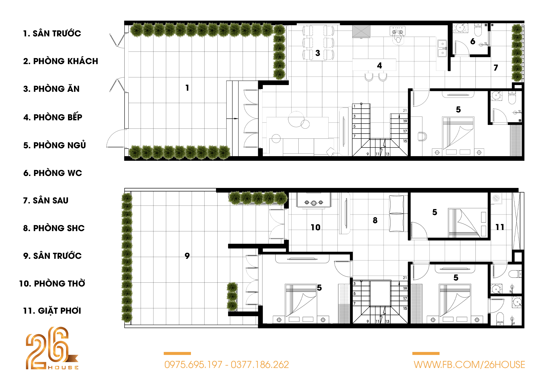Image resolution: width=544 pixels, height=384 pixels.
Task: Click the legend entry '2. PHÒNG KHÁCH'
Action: coord(60,61)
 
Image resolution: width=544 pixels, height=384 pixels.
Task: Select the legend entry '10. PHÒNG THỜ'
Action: coord(52,283)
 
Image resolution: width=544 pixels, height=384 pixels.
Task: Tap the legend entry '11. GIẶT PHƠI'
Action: coord(52,311)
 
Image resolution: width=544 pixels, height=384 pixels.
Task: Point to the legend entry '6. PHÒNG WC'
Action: coord(52,173)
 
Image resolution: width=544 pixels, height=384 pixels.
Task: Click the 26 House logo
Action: coord(52,348)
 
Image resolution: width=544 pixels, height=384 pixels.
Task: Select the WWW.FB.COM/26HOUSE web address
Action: coord(469,365)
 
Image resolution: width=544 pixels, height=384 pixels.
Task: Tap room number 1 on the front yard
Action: coord(187,88)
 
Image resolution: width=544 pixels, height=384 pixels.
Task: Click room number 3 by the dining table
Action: coord(318,53)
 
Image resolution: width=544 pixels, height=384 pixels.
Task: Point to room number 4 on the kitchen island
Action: coord(379,65)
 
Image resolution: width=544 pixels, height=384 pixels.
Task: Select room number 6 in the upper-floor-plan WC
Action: coord(473,41)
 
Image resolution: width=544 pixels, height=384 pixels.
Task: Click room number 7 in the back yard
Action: coord(496,68)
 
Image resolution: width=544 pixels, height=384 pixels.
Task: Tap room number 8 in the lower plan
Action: coord(375,220)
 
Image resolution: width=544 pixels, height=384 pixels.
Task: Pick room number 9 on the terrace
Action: coord(187,256)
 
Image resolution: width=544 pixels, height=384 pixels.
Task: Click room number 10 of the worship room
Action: coord(316,227)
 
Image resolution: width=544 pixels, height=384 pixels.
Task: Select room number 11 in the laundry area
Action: coord(500,227)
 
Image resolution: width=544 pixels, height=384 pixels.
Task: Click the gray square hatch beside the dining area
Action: coord(361,32)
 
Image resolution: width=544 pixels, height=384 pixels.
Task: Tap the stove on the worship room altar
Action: coord(314,203)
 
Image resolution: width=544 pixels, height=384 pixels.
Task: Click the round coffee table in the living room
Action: coord(296,119)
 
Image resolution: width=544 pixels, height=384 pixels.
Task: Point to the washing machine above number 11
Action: coord(496,198)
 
